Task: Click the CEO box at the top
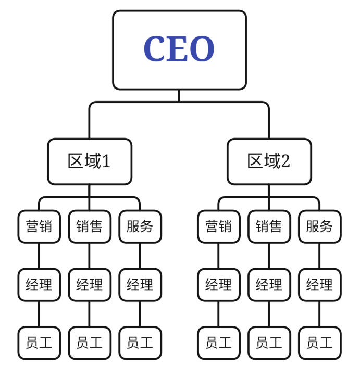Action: (x=179, y=50)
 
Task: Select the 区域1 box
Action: (x=90, y=161)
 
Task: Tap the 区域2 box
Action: (x=269, y=161)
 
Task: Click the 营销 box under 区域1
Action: (x=39, y=227)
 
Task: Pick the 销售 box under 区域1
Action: (x=90, y=227)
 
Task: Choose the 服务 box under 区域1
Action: (x=140, y=227)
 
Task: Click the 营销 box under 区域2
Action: (x=218, y=227)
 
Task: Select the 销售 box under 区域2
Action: (x=269, y=227)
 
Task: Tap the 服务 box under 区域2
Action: (x=319, y=227)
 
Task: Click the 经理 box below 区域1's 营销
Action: (x=39, y=285)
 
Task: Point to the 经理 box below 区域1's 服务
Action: (x=140, y=285)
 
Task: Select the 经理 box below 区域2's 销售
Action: (x=269, y=285)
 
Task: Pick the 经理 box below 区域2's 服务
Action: (x=319, y=285)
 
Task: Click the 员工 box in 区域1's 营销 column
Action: (x=39, y=343)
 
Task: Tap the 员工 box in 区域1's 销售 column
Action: (x=90, y=343)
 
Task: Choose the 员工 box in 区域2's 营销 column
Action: (x=218, y=343)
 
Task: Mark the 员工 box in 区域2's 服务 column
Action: (x=319, y=343)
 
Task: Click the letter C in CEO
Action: (x=155, y=49)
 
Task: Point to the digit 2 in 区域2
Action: (x=285, y=162)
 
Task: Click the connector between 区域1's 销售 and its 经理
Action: (x=90, y=256)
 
